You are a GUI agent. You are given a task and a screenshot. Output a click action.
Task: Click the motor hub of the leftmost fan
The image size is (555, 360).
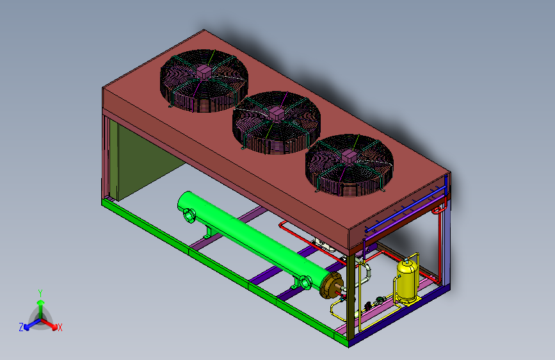[204, 72]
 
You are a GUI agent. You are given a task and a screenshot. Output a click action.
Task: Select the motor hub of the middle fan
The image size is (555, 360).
[277, 114]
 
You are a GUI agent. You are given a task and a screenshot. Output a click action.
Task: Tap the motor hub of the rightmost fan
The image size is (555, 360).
[349, 156]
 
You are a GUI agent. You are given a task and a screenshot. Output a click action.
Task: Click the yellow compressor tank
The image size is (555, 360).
[407, 279]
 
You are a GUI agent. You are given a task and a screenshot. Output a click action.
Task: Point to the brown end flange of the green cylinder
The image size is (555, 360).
[332, 285]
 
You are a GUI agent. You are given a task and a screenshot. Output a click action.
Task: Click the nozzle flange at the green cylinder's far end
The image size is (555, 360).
[189, 215]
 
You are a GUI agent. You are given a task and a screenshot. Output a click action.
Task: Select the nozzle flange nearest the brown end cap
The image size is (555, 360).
[306, 282]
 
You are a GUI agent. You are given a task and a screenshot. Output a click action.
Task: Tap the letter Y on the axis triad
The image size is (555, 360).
[40, 293]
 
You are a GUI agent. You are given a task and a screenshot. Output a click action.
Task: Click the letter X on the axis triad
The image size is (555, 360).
[60, 327]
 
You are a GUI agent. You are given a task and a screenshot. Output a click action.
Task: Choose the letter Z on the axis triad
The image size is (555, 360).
[21, 327]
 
